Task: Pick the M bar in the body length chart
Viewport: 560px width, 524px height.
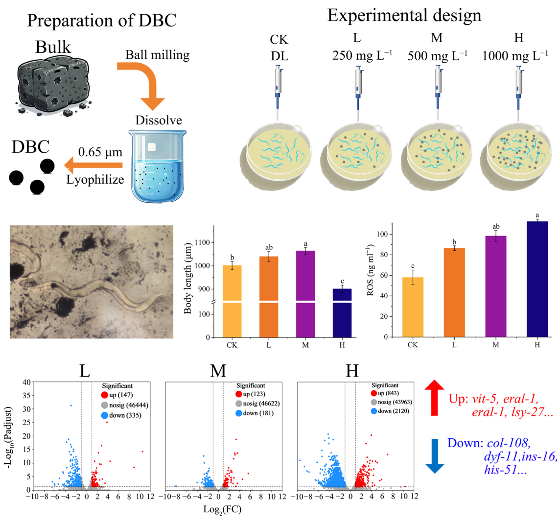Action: pyautogui.click(x=306, y=294)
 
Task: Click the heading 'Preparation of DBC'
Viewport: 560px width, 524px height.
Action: pyautogui.click(x=102, y=21)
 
